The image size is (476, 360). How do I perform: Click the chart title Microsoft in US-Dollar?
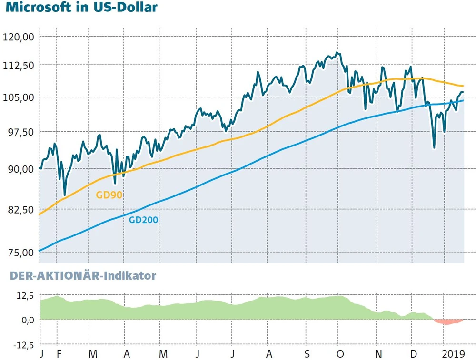click(x=81, y=9)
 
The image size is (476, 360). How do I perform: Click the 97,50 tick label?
click(x=19, y=132)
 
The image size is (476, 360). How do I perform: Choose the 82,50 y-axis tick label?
click(x=19, y=210)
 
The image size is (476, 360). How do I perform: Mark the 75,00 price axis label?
click(x=19, y=252)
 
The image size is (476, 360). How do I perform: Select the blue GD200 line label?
click(x=143, y=220)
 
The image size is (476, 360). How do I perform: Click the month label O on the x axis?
click(x=339, y=354)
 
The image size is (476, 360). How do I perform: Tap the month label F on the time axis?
click(x=59, y=354)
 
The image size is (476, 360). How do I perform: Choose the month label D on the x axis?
click(x=414, y=354)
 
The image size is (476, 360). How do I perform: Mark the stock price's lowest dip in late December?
click(x=434, y=148)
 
